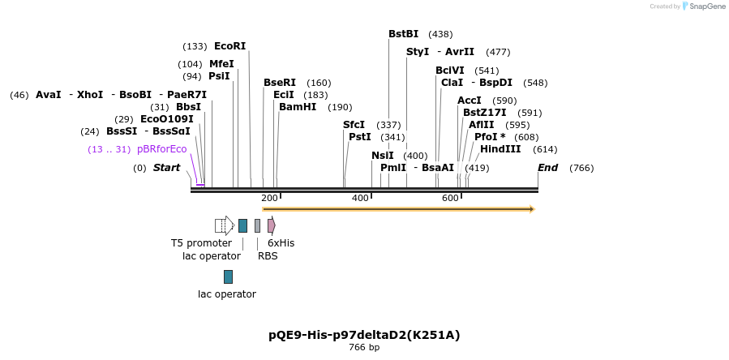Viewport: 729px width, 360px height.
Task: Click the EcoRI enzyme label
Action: (229, 46)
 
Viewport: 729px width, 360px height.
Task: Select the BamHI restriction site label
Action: (298, 107)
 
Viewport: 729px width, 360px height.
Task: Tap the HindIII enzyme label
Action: (500, 149)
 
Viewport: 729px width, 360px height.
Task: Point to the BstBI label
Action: (403, 34)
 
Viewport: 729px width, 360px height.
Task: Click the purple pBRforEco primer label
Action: (161, 149)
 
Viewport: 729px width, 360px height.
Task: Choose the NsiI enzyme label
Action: (382, 156)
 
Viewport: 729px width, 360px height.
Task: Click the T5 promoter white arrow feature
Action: (225, 225)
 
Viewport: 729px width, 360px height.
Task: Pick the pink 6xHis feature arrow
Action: (271, 225)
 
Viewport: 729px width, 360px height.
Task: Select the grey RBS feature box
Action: (257, 225)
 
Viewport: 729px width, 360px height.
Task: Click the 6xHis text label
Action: (281, 243)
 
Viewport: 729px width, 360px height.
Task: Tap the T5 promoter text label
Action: (201, 243)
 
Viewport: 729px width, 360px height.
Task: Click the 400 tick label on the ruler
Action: (360, 198)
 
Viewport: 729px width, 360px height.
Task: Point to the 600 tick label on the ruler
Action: (450, 198)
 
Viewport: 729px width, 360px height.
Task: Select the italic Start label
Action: (166, 168)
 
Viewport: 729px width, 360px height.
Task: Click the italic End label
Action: (547, 168)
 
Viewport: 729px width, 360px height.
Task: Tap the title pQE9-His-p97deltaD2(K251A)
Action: (364, 335)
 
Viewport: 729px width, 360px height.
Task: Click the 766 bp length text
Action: (364, 348)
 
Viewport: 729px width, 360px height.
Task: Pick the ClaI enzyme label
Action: (452, 83)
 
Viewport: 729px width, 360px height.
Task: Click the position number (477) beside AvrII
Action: (498, 52)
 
